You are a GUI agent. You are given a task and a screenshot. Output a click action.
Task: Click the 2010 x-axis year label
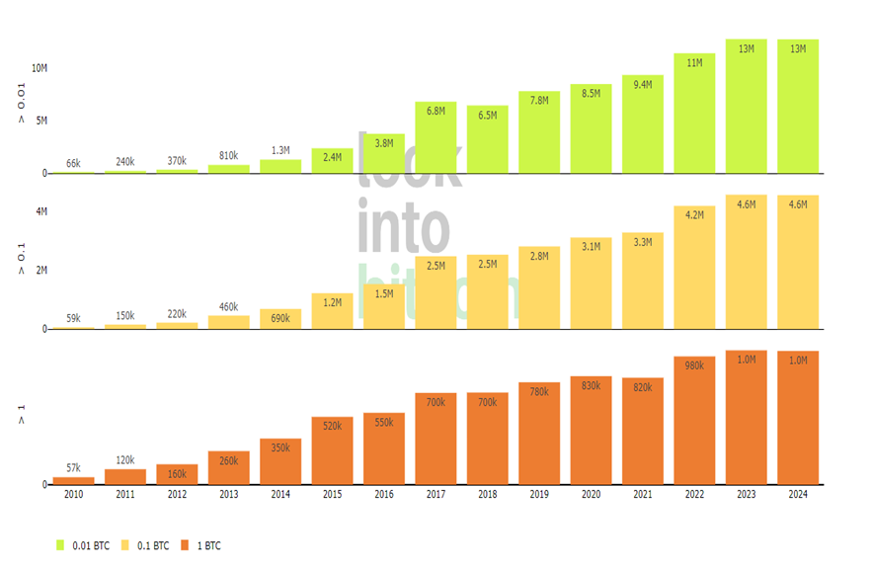tap(74, 495)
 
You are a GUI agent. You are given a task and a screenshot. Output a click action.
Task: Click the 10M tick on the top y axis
tap(39, 68)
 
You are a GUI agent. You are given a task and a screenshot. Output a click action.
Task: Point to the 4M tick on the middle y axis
tap(41, 211)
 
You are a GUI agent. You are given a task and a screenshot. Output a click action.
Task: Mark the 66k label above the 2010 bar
tap(74, 163)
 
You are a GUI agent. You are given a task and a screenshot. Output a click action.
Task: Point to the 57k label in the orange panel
tap(74, 468)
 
